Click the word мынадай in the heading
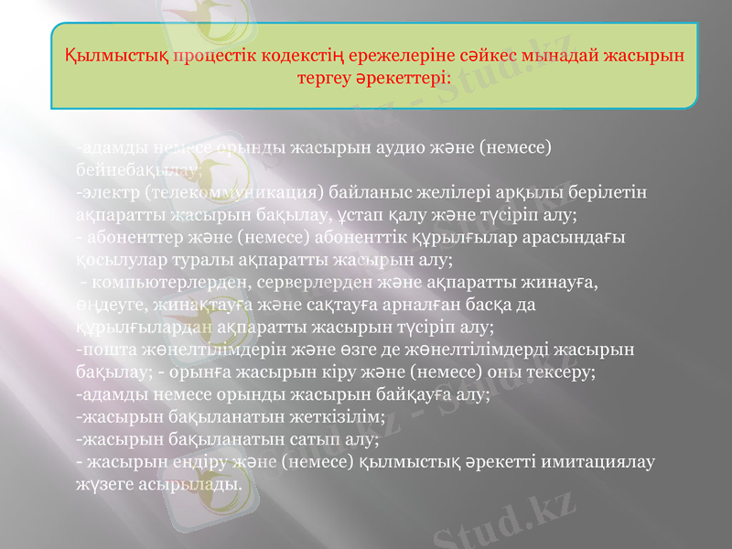(568, 54)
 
